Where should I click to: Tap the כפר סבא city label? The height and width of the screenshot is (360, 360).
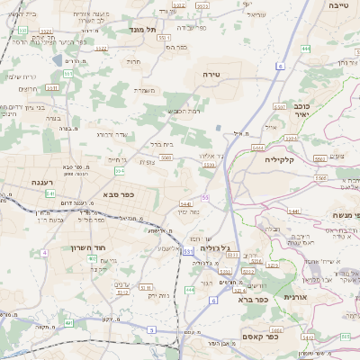point(119,194)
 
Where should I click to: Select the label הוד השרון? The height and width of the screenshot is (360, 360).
point(87,247)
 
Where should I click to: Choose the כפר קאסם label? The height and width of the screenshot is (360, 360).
point(258,336)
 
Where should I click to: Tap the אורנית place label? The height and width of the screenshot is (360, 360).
point(295,296)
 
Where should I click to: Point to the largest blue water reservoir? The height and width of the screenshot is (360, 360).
point(58,60)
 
